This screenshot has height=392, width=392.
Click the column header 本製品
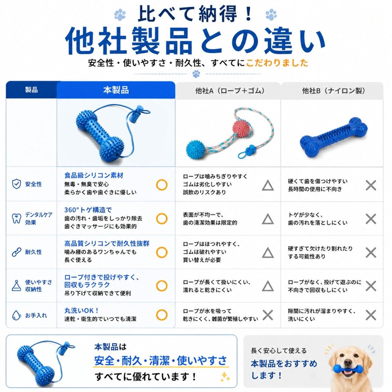coord(116,90)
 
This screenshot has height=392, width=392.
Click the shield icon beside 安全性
coord(17,184)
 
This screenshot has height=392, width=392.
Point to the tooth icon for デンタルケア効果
coord(17,218)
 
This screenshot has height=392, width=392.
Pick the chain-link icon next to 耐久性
coord(17,252)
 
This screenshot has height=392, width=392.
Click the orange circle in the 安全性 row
coord(162,185)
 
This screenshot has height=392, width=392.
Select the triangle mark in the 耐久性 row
coord(268,253)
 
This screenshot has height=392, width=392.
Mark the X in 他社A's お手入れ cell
coord(268,315)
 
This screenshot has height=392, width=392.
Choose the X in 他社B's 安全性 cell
coord(371,185)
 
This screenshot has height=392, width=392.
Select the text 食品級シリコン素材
coord(94,175)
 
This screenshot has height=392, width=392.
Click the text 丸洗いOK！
coord(82,311)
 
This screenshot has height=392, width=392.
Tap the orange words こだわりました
coord(277,63)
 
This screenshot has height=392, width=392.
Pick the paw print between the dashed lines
coord(196,74)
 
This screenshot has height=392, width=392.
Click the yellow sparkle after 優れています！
coord(225,377)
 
